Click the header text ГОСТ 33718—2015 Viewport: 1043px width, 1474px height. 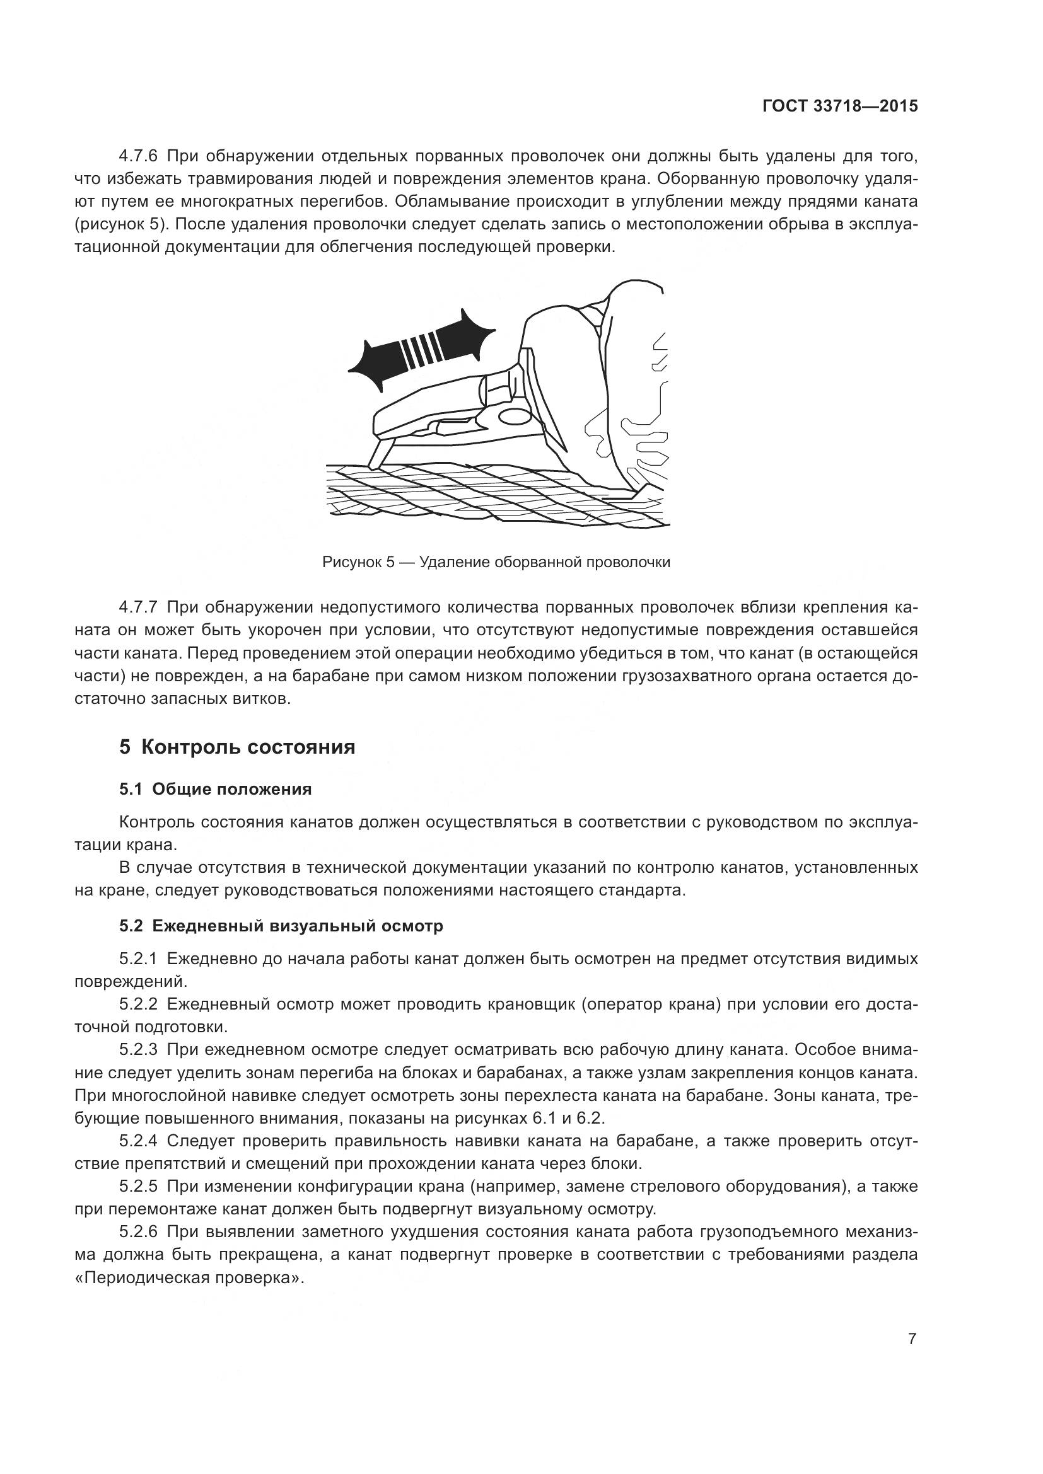click(x=839, y=107)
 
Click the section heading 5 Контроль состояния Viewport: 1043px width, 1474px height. click(x=237, y=747)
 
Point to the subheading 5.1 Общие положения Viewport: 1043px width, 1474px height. click(x=215, y=789)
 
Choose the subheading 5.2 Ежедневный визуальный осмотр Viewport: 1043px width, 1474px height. click(x=281, y=926)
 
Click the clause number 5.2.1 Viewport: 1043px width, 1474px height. click(x=138, y=959)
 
